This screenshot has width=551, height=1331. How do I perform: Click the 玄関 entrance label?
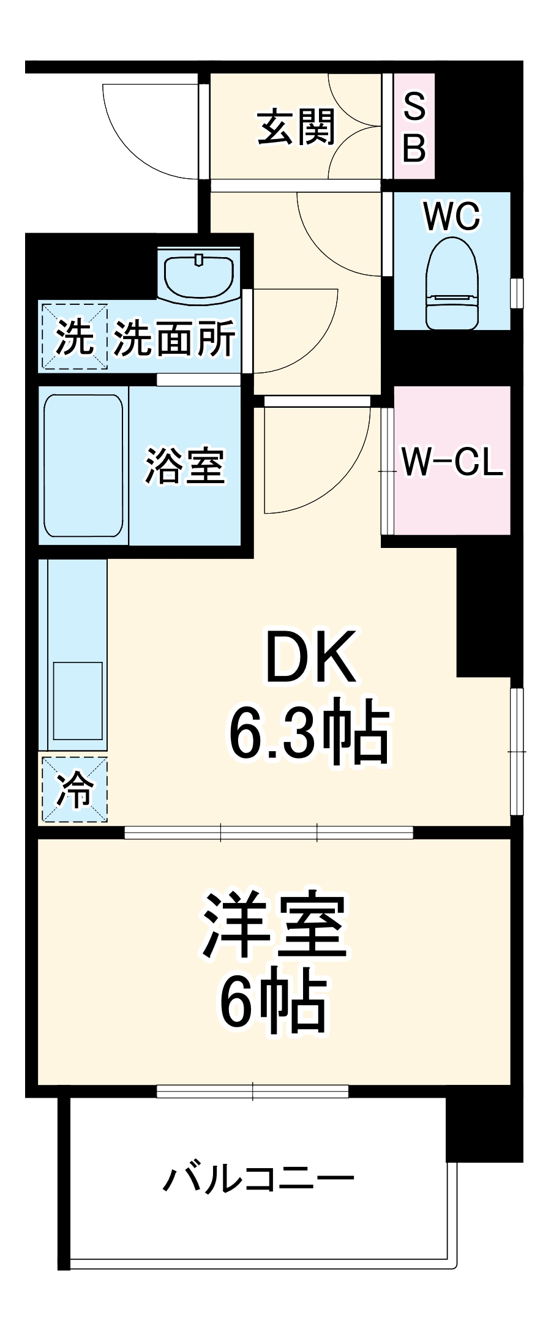pos(296,127)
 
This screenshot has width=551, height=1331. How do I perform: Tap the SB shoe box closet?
pos(414,127)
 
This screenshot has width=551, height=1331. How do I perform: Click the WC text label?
pos(452,217)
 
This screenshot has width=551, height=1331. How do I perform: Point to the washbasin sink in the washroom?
pos(199,274)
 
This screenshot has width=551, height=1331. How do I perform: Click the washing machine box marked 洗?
pos(74,337)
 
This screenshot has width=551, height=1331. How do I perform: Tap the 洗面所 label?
pos(175,338)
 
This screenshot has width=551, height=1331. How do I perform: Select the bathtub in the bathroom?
pos(83,466)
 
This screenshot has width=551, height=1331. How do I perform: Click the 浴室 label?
pos(185,467)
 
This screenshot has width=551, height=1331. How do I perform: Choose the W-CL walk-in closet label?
pos(452,462)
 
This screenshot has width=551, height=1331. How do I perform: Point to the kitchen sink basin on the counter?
pos(78,701)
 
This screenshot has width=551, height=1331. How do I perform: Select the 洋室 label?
pos(275,926)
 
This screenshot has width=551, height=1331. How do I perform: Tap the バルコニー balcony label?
pos(259,1179)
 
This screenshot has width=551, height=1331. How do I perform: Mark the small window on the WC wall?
pos(517,293)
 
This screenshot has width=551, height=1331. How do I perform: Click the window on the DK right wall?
pos(517,751)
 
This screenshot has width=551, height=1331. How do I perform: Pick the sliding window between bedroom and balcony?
pos(252,1090)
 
